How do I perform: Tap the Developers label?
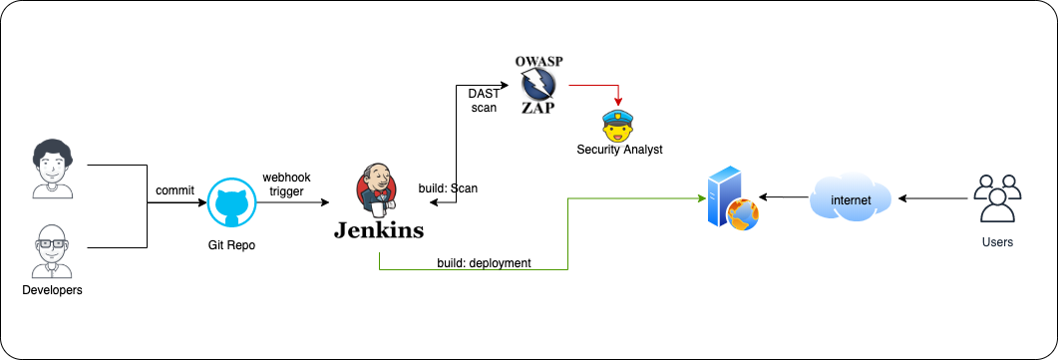point(52,290)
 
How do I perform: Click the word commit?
point(175,190)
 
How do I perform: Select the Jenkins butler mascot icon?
point(374,191)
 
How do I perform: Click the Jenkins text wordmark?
point(378,231)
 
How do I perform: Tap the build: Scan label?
point(449,187)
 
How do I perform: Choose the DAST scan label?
point(484,100)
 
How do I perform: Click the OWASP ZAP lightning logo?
point(538,84)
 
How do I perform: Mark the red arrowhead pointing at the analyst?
point(618,101)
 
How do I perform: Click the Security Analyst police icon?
point(618,125)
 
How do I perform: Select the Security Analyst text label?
point(619,150)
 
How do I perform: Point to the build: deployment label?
point(484,263)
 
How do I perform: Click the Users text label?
point(997,242)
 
